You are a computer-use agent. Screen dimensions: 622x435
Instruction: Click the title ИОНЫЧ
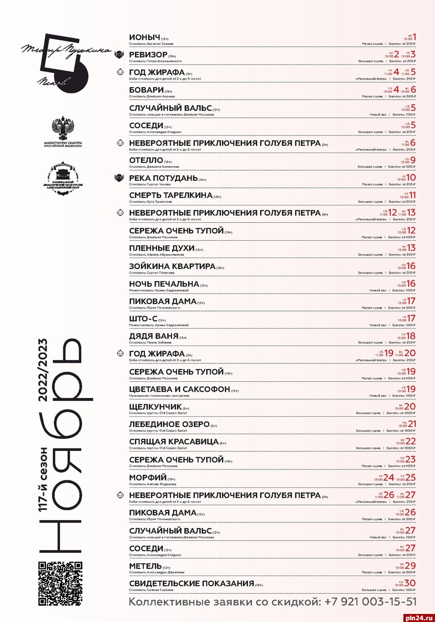(x=144, y=37)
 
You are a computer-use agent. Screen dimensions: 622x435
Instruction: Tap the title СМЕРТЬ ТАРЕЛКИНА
(x=166, y=195)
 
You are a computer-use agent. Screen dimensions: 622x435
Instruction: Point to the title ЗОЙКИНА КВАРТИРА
(x=172, y=266)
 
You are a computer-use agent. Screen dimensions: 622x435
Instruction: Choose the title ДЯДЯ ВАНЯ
(x=153, y=337)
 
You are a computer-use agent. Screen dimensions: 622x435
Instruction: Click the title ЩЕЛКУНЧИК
(x=155, y=407)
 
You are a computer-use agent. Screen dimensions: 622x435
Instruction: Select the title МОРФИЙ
(x=148, y=477)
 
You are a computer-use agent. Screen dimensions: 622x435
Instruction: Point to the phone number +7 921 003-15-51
(x=367, y=602)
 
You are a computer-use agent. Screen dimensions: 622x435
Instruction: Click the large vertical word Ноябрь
(x=66, y=449)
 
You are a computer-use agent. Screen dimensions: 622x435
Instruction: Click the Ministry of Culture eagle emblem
(x=60, y=127)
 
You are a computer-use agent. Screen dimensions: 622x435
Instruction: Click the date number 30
(x=410, y=583)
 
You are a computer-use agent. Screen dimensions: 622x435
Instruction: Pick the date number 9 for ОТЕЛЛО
(x=413, y=160)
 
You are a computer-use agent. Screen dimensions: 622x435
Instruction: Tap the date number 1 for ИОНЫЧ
(x=414, y=37)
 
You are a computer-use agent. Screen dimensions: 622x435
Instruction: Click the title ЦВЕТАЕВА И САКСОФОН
(x=180, y=389)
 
